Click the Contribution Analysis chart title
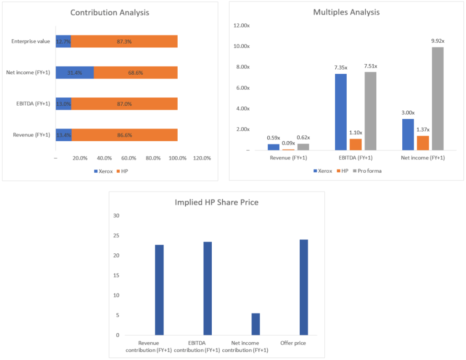pyautogui.click(x=109, y=12)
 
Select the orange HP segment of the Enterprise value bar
pyautogui.click(x=124, y=41)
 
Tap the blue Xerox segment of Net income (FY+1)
pyautogui.click(x=75, y=73)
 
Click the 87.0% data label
pyautogui.click(x=124, y=104)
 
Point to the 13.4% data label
pyautogui.click(x=63, y=135)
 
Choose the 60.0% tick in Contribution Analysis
pyautogui.click(x=129, y=158)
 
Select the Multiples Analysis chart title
pyautogui.click(x=346, y=12)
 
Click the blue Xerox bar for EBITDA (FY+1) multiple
pyautogui.click(x=341, y=112)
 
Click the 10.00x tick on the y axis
pyautogui.click(x=241, y=46)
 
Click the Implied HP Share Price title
pyautogui.click(x=216, y=202)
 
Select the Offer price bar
pyautogui.click(x=304, y=288)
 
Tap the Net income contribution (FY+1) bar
pyautogui.click(x=256, y=324)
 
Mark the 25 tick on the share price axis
pyautogui.click(x=116, y=236)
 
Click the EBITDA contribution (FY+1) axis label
pyautogui.click(x=197, y=346)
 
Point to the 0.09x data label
pyautogui.click(x=288, y=143)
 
